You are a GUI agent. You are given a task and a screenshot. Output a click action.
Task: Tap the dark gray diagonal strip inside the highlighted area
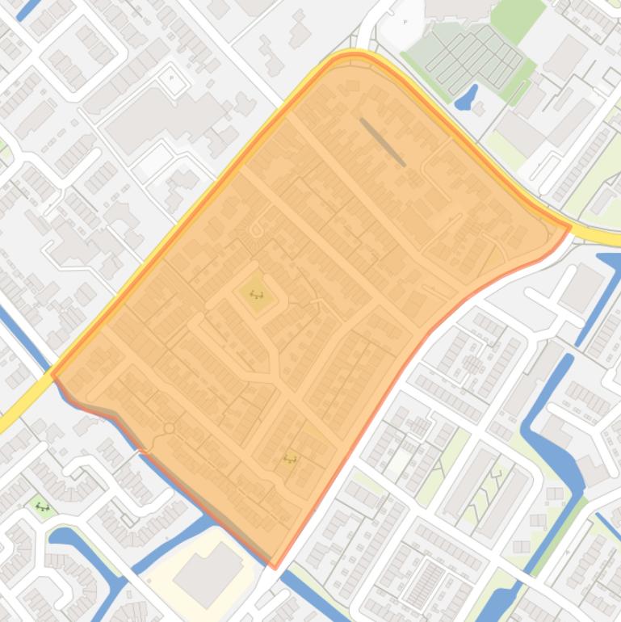click(x=383, y=142)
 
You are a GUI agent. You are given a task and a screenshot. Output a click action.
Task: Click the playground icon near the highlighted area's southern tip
click(x=290, y=459)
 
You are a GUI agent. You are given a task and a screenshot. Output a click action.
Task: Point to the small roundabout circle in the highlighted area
click(x=169, y=427)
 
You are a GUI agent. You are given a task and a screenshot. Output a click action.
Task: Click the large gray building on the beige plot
click(x=208, y=572)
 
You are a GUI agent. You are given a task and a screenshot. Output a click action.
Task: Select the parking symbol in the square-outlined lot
click(x=171, y=78)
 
